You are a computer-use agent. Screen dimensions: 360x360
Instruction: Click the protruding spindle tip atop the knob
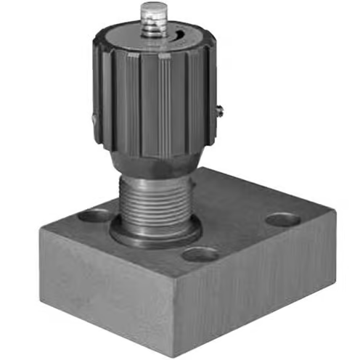pyautogui.click(x=153, y=11)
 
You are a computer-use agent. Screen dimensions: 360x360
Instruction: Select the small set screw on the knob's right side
pyautogui.click(x=218, y=110)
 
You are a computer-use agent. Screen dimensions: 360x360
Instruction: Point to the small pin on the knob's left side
pyautogui.click(x=94, y=120)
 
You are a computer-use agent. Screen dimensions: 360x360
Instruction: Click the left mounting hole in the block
pyautogui.click(x=95, y=215)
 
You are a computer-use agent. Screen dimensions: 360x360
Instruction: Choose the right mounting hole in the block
pyautogui.click(x=282, y=218)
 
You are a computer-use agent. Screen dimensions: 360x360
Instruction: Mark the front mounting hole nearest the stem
pyautogui.click(x=200, y=254)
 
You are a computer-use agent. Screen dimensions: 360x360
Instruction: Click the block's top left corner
pyautogui.click(x=41, y=227)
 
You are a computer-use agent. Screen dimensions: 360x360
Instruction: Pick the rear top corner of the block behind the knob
pyautogui.click(x=218, y=168)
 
